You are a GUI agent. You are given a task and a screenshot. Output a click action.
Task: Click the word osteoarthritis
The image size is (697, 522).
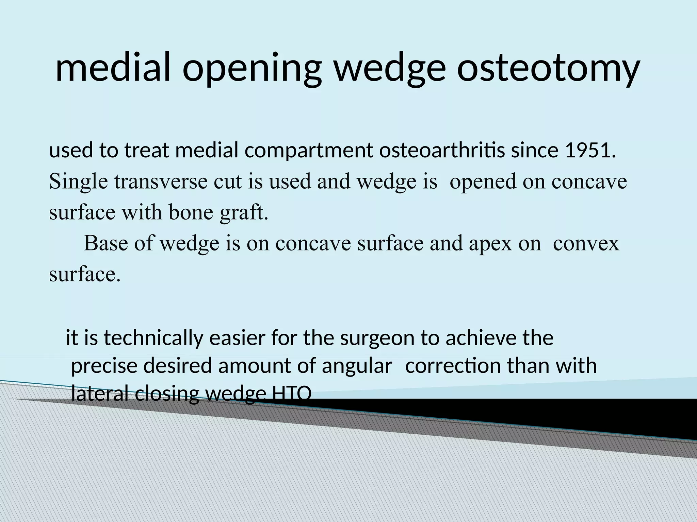442,151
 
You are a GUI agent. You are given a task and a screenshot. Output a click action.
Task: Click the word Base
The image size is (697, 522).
106,243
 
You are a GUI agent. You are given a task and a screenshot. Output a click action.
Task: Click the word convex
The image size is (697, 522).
586,244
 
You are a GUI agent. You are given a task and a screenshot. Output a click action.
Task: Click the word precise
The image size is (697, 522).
104,366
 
